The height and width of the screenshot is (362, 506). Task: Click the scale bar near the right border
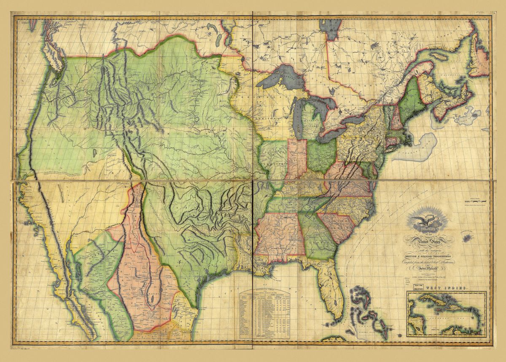click(476, 199)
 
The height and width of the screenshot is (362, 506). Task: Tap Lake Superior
click(278, 79)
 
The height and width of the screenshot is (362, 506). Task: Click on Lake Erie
click(337, 129)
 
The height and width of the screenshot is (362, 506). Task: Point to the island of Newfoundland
click(479, 59)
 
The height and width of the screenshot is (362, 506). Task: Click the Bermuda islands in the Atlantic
click(467, 239)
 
